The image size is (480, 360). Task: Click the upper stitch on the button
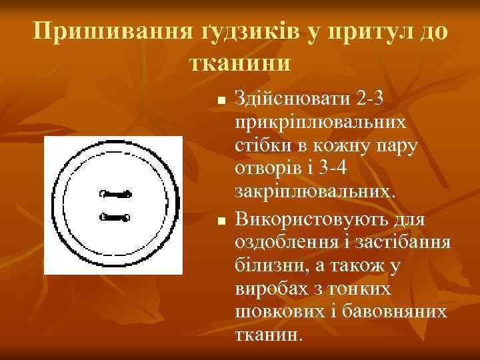115,195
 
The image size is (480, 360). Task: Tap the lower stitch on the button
115,216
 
